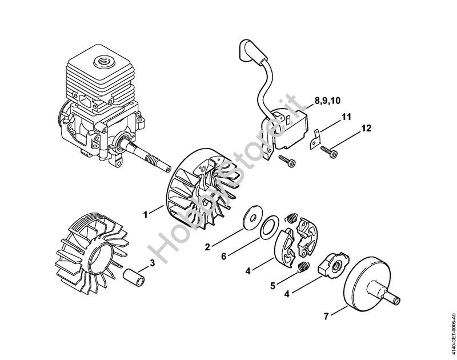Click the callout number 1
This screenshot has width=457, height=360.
[x=145, y=215]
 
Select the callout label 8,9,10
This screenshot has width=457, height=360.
[x=327, y=101]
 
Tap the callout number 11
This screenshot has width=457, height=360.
[x=346, y=117]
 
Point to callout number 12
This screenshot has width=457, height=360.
[x=366, y=128]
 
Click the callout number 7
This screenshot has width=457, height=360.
[x=326, y=316]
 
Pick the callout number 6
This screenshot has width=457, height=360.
[x=223, y=257]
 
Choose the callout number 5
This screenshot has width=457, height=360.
[x=272, y=286]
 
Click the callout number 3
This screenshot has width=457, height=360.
[x=152, y=263]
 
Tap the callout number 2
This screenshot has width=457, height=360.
[x=207, y=247]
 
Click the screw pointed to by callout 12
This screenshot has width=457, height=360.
[x=330, y=151]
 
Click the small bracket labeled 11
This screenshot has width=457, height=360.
[x=315, y=139]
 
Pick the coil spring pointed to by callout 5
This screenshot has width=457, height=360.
[x=304, y=267]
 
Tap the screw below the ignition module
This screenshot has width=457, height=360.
[x=287, y=160]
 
